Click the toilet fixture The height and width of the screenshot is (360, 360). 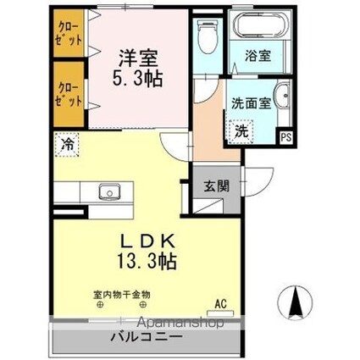click(x=206, y=36)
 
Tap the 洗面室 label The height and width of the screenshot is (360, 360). click(x=252, y=102)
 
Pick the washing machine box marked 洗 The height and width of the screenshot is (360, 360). click(x=241, y=131)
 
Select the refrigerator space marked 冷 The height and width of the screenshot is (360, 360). click(x=66, y=145)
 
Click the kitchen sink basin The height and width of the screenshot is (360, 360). click(x=110, y=191)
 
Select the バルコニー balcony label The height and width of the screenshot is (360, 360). click(x=145, y=337)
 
